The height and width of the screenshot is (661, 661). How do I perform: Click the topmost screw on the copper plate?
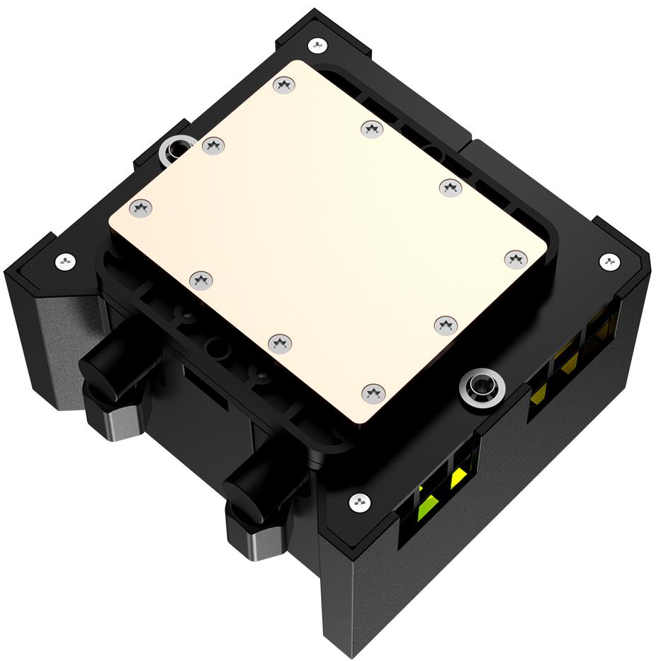point(285,85)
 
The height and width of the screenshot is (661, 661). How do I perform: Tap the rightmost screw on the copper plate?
point(515,259)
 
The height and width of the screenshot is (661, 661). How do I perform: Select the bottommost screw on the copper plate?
point(373,393)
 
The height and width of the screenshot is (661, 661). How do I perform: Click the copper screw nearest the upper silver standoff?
point(213,146)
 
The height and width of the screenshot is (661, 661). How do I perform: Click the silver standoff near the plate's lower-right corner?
point(481,388)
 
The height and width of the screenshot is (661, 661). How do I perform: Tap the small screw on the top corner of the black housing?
point(317,45)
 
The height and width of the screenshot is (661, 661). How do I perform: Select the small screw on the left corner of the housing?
point(64,261)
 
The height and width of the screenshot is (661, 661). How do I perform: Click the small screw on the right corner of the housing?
point(610,261)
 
